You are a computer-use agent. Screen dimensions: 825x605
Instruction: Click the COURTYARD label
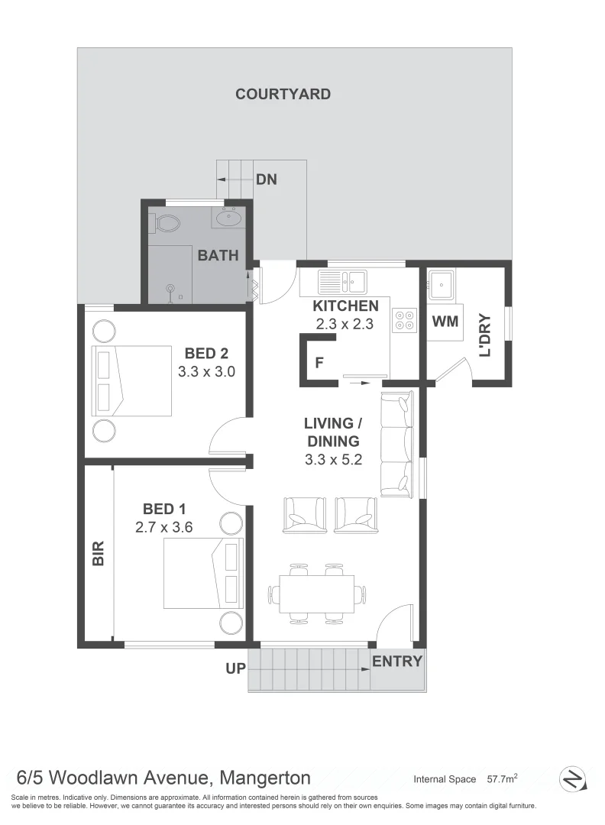tap(283, 94)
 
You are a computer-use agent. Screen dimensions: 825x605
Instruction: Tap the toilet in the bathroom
tap(166, 223)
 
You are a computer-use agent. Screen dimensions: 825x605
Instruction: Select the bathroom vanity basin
tap(228, 218)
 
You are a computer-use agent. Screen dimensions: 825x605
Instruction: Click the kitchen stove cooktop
tap(405, 319)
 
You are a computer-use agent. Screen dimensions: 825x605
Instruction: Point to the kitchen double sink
tap(343, 282)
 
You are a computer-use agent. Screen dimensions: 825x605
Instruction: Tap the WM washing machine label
tap(445, 321)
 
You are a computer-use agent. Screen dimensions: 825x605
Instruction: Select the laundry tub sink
tap(441, 285)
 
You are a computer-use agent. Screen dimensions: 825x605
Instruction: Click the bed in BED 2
tap(131, 380)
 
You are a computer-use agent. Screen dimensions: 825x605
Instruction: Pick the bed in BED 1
tap(203, 573)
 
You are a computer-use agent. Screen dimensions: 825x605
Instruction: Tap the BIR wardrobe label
tap(98, 553)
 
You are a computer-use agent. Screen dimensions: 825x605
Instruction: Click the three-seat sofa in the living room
tap(396, 442)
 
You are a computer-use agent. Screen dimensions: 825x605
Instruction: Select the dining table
tap(316, 593)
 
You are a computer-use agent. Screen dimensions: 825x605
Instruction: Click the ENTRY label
tap(396, 662)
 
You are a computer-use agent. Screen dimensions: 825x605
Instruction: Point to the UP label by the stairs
tap(235, 669)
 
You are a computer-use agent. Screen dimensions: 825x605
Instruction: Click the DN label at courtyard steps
tap(266, 180)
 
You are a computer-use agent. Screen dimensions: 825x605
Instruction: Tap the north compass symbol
tap(572, 779)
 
